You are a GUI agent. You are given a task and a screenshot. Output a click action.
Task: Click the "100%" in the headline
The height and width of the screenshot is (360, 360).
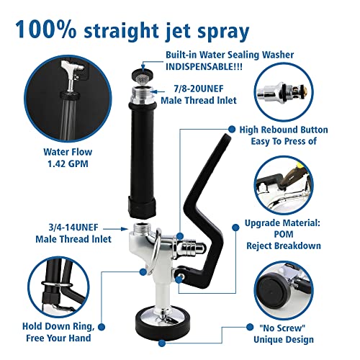46,30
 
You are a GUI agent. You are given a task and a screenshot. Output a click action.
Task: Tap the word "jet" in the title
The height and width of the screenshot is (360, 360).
176,31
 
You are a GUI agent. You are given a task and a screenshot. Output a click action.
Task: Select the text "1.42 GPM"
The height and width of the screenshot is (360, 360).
68,164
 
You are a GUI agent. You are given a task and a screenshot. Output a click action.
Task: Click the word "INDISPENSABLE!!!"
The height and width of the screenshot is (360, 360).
204,67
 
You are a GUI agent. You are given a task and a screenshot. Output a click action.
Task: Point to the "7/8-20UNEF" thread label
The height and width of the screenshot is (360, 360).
199,89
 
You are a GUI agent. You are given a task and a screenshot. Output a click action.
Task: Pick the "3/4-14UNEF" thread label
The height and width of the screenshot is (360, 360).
73,228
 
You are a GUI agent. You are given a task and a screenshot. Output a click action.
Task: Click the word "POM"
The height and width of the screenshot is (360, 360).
284,234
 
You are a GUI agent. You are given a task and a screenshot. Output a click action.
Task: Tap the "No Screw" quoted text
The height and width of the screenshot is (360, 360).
282,328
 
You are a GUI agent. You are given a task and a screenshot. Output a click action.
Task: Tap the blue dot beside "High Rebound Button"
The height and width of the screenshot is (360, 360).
232,130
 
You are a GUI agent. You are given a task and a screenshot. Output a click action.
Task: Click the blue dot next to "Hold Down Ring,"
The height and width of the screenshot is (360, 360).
102,327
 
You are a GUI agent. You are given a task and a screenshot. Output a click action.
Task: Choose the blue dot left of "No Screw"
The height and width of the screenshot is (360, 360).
250,327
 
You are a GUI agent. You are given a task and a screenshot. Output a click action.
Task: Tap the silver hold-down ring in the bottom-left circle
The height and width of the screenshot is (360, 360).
57,284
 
